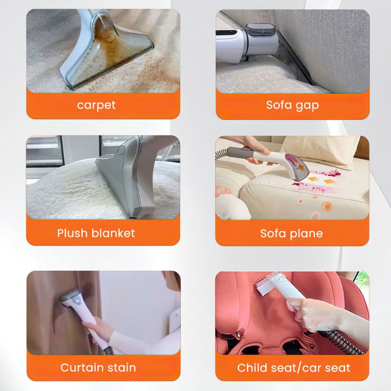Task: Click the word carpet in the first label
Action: (96, 105)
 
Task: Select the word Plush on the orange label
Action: (73, 233)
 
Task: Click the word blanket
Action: (113, 233)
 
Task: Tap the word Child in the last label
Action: (251, 368)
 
